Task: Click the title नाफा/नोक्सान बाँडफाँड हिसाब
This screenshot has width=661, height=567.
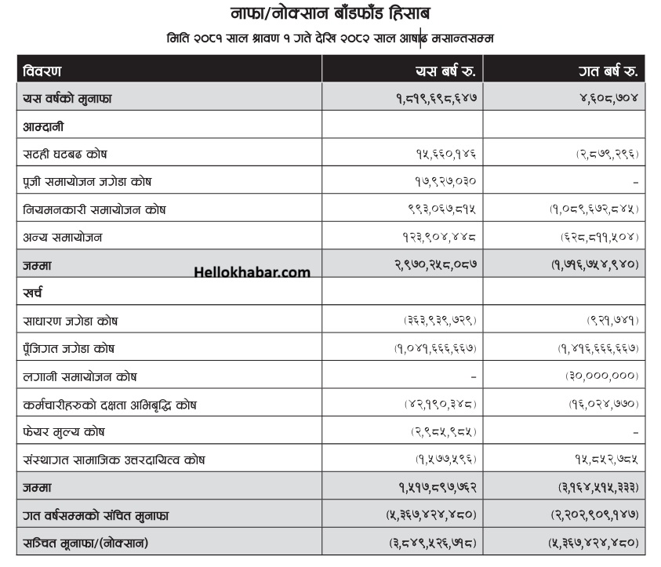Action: (x=330, y=13)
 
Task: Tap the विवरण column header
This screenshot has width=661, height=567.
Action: (x=42, y=71)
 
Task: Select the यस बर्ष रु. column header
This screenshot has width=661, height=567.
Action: (x=446, y=71)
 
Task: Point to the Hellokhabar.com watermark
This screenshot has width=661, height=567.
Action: (x=252, y=273)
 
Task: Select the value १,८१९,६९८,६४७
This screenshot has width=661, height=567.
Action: (x=436, y=99)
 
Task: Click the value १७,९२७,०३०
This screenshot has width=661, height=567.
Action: (x=445, y=182)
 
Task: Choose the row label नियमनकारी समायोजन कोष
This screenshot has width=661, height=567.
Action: (x=94, y=209)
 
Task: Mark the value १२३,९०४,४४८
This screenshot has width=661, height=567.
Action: (x=439, y=237)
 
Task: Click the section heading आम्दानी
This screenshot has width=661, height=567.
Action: (x=43, y=126)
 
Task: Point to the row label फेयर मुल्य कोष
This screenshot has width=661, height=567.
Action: (x=64, y=431)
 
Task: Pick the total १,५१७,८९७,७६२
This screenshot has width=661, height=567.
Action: (x=437, y=487)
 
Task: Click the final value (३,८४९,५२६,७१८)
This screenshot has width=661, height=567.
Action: (x=434, y=543)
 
